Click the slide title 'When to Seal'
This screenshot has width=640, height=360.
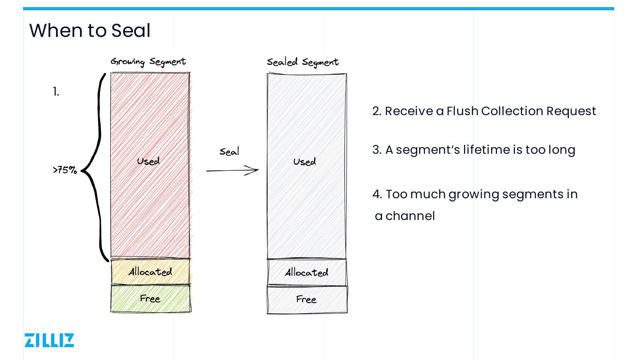(x=90, y=31)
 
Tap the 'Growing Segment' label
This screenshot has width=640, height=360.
(x=148, y=62)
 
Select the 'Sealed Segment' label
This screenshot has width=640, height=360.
(x=303, y=62)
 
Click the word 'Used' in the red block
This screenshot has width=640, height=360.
(x=148, y=161)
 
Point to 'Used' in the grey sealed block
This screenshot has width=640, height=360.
(x=304, y=162)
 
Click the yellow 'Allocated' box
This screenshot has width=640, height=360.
(x=150, y=272)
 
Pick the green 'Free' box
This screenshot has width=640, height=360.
(x=150, y=299)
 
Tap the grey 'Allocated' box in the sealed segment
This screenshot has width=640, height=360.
(x=307, y=272)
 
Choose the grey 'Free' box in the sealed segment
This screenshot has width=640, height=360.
(x=306, y=300)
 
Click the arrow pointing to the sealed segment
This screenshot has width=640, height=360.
(x=232, y=170)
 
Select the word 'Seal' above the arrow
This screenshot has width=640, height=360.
(x=229, y=152)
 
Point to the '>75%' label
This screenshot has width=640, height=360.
(x=65, y=170)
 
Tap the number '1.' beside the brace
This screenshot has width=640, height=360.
(x=56, y=92)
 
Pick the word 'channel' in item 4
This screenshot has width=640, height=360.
(x=410, y=216)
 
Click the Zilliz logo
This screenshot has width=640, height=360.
(x=49, y=340)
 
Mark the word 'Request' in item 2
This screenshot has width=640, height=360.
(x=571, y=111)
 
